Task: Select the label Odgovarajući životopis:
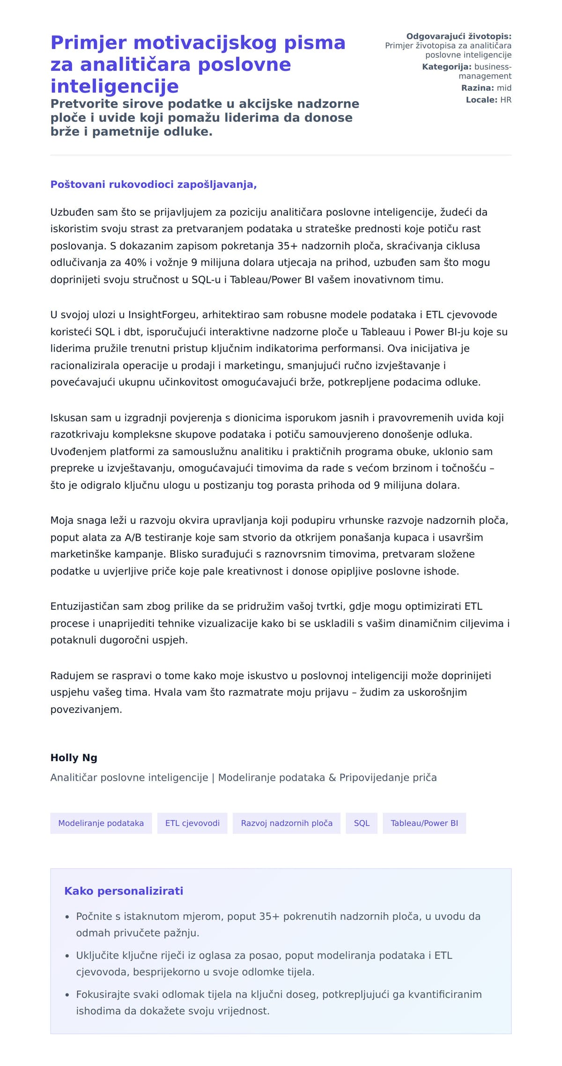(x=458, y=36)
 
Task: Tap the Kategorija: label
(x=446, y=67)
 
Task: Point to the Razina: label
(x=477, y=88)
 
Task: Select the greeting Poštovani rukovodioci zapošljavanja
(x=153, y=184)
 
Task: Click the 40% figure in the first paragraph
(x=135, y=262)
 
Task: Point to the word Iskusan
(x=68, y=418)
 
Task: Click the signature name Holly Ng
(x=74, y=757)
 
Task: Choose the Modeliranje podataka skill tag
(x=101, y=823)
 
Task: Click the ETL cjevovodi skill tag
(x=192, y=823)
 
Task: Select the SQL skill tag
(x=362, y=823)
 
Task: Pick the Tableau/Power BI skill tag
(x=424, y=823)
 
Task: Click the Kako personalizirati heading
(x=123, y=891)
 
